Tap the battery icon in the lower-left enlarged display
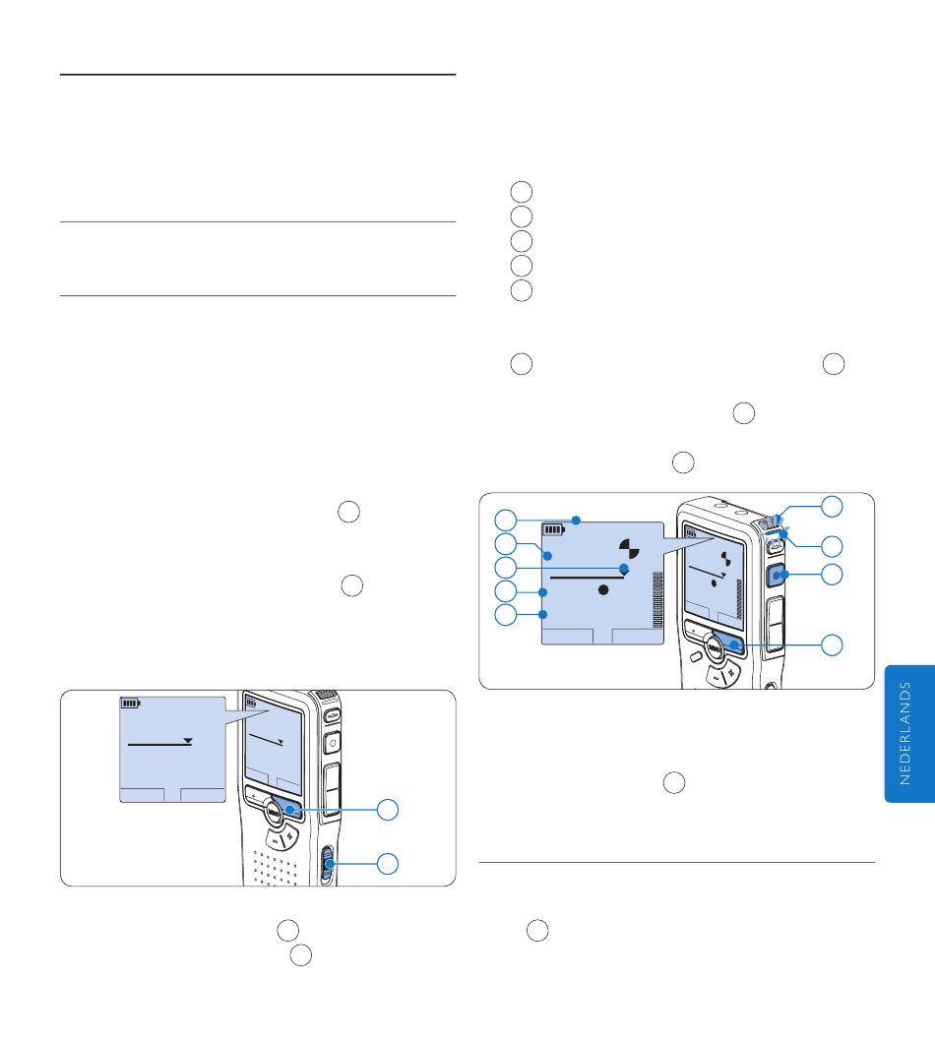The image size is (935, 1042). (x=131, y=704)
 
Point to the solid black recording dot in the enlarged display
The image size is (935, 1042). (x=604, y=587)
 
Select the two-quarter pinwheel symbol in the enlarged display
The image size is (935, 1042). (x=627, y=547)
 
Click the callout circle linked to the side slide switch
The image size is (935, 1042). (x=389, y=864)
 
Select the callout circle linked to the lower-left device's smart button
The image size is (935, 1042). (x=389, y=810)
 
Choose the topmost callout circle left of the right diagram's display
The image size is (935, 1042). (x=506, y=520)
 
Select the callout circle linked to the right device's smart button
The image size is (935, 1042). (x=833, y=645)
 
